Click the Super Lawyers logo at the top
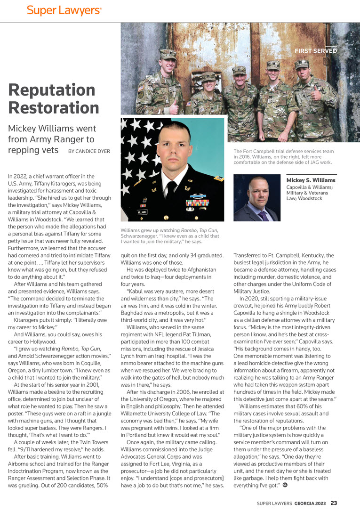64,10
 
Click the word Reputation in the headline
52,89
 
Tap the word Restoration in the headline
54,107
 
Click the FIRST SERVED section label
315,51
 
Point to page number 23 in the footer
334,503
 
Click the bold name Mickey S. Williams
311,180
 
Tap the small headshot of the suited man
256,198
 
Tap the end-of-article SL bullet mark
285,485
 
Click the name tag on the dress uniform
142,211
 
